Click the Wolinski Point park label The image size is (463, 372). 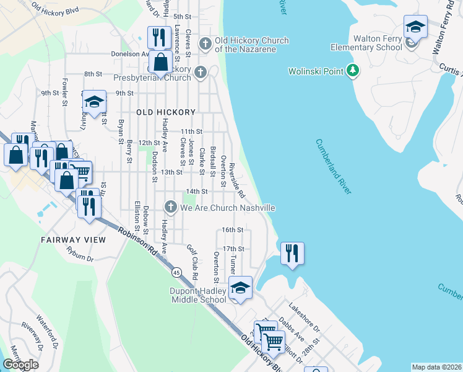click(316, 71)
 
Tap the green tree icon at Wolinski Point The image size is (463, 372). click(352, 71)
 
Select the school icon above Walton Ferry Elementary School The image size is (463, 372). click(415, 28)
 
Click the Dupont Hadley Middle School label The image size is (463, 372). click(199, 295)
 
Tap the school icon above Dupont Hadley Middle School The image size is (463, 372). click(240, 288)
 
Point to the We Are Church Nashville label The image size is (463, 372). click(227, 208)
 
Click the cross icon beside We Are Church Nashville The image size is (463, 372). click(171, 206)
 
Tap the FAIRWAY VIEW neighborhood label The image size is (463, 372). click(73, 239)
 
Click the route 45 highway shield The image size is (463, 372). click(178, 273)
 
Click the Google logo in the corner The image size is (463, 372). click(20, 365)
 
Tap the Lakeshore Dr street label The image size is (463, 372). click(303, 317)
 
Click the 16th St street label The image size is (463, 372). click(233, 229)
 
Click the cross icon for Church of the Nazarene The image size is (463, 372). click(206, 45)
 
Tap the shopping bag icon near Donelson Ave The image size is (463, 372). click(160, 63)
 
